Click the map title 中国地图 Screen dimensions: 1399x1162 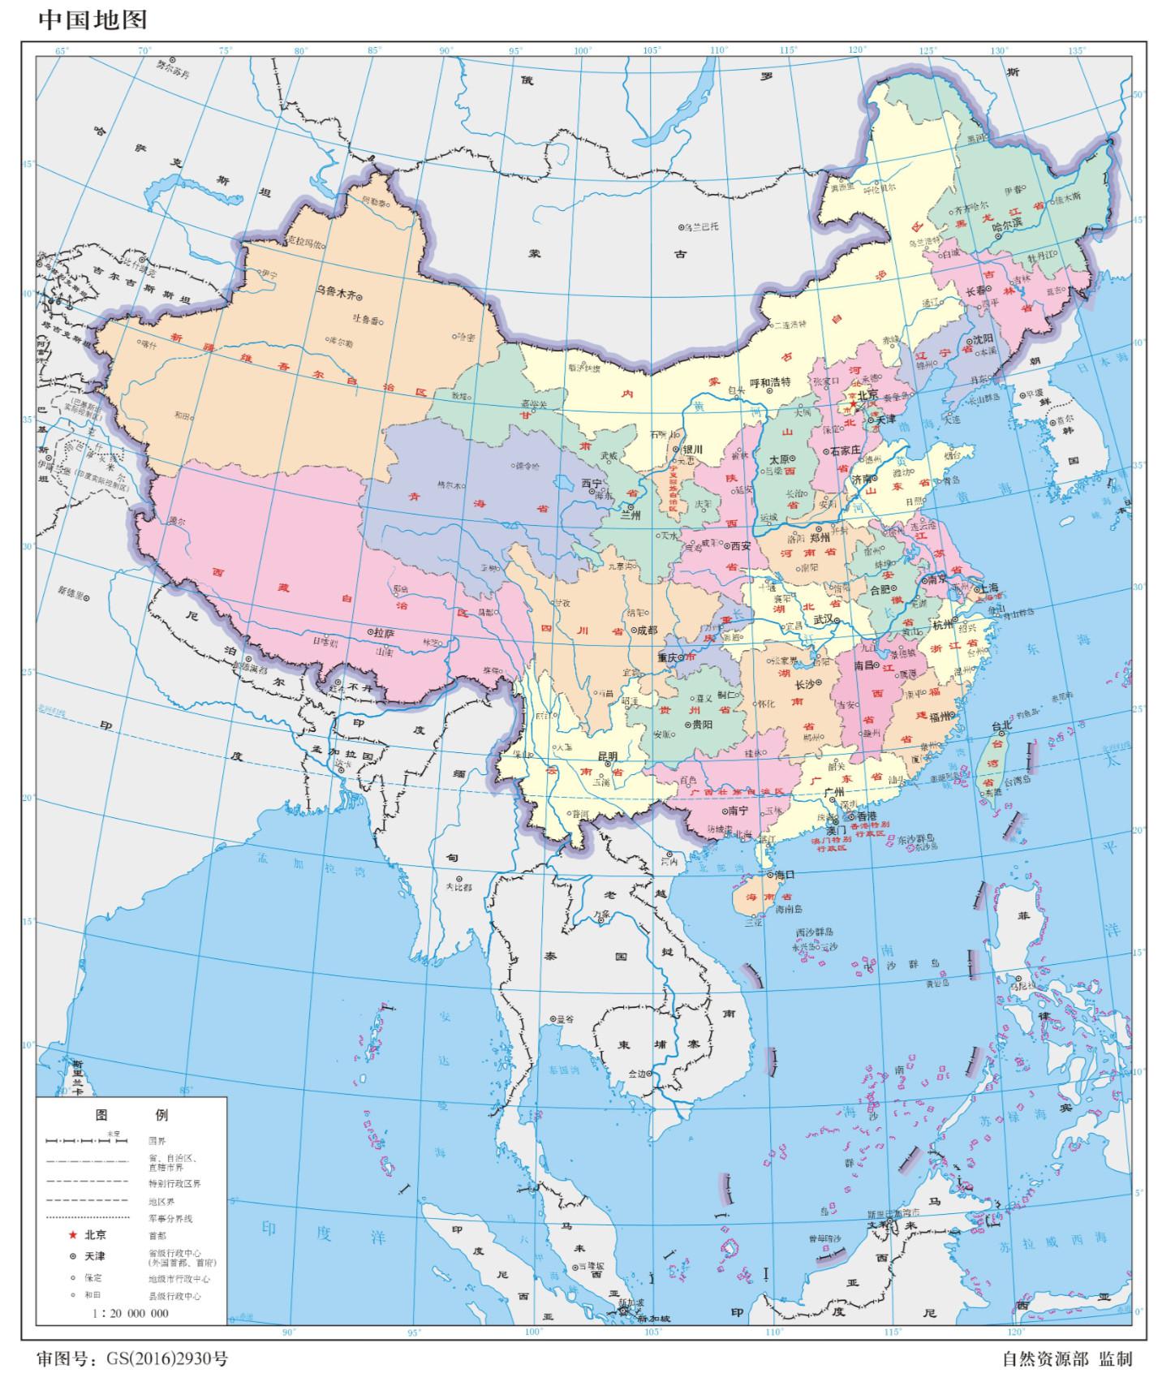point(93,19)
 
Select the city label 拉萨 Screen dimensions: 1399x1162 point(383,632)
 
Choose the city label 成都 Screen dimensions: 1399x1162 point(646,630)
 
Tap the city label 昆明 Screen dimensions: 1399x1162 point(608,755)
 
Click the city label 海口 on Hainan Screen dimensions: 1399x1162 point(784,875)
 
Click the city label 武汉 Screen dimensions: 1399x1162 point(823,619)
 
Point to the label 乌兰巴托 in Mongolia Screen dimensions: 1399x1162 point(701,226)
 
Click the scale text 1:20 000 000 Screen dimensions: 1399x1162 point(131,1313)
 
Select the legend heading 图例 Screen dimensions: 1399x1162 point(131,1114)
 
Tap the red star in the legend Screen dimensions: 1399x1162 point(72,1234)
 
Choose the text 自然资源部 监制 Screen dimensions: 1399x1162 point(1066,1358)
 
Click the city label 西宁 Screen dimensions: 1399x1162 point(592,484)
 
